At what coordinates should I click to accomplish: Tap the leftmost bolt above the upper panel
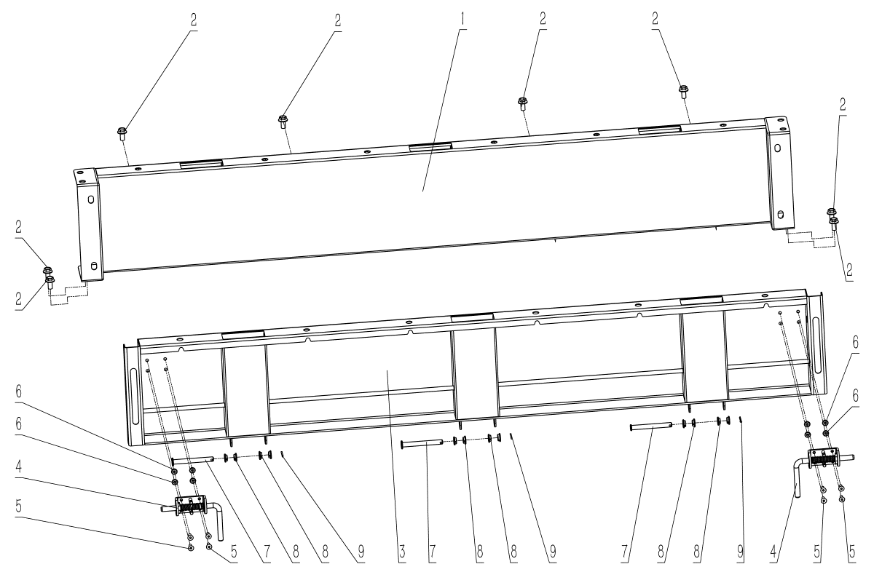pyautogui.click(x=122, y=133)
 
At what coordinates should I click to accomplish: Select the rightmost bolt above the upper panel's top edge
pyautogui.click(x=683, y=91)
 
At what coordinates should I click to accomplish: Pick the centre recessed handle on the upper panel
pyautogui.click(x=430, y=146)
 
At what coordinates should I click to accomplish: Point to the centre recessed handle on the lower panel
pyautogui.click(x=471, y=317)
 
